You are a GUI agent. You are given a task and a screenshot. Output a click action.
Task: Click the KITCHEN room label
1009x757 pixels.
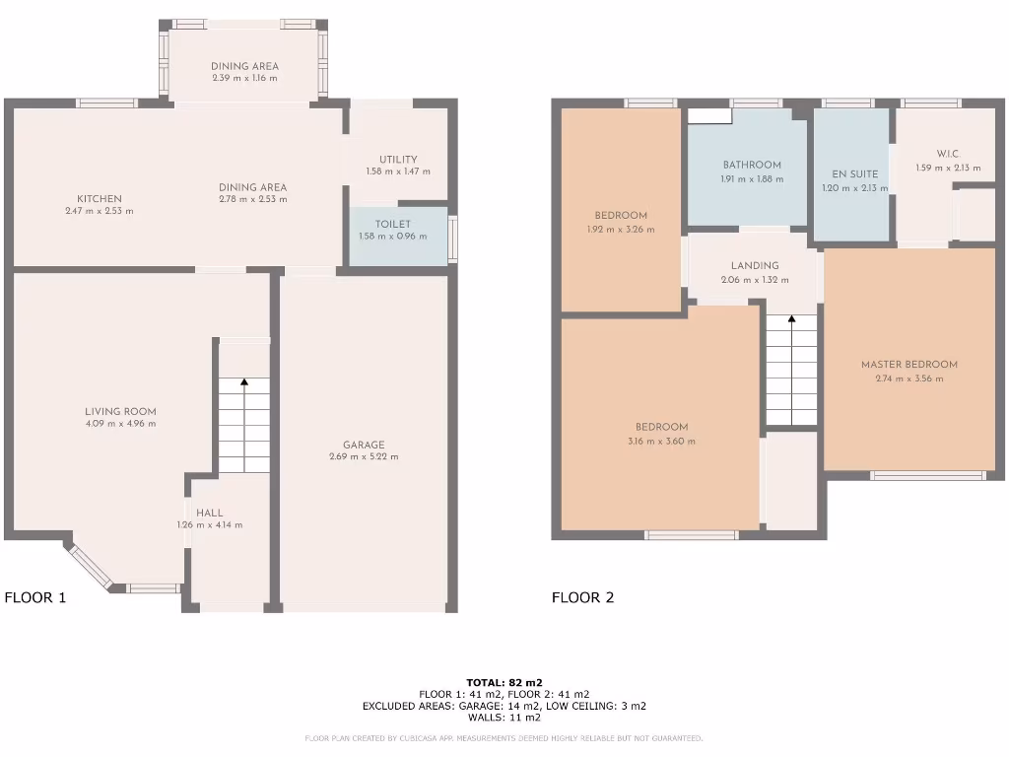click(x=99, y=199)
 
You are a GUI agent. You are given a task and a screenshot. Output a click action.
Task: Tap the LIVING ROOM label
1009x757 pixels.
click(x=119, y=412)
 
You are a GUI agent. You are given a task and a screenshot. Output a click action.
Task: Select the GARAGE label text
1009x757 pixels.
click(x=364, y=445)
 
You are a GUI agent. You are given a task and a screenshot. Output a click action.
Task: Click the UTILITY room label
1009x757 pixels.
click(x=398, y=160)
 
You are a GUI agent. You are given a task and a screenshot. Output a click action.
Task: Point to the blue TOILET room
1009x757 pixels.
click(x=397, y=236)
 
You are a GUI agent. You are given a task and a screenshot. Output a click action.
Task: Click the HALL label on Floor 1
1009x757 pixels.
click(x=209, y=513)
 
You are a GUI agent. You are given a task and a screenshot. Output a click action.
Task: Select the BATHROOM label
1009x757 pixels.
click(x=751, y=166)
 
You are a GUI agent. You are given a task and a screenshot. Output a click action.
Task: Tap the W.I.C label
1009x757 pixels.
click(x=947, y=154)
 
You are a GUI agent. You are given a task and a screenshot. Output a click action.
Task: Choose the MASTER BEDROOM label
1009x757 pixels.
click(x=908, y=365)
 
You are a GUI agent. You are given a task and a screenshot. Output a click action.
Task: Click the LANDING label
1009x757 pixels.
click(x=755, y=265)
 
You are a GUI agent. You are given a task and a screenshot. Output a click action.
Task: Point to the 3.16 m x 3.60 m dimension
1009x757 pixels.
click(x=661, y=441)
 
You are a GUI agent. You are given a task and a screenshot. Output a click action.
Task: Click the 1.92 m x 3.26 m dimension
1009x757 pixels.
click(x=621, y=230)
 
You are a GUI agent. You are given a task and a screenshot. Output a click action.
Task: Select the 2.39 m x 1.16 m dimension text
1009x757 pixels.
click(x=243, y=79)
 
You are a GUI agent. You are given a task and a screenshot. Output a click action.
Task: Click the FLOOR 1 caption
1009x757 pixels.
click(x=35, y=596)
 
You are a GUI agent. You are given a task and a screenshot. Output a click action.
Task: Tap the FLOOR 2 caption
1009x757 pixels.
click(x=582, y=596)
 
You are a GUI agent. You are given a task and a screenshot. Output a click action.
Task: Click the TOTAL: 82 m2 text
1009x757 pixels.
click(x=504, y=682)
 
